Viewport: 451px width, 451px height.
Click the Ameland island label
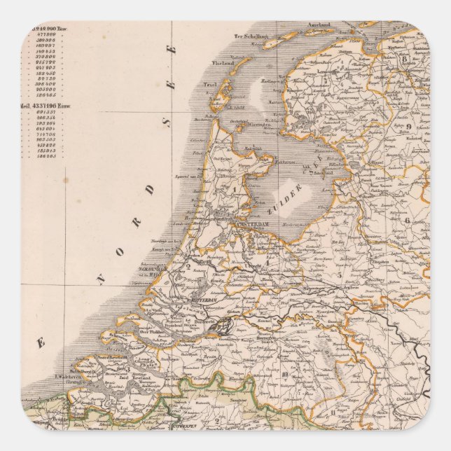tap(319, 25)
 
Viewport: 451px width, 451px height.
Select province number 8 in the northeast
tap(404, 60)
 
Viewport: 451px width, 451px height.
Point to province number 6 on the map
tap(406, 219)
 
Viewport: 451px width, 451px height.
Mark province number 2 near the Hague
tap(188, 265)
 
